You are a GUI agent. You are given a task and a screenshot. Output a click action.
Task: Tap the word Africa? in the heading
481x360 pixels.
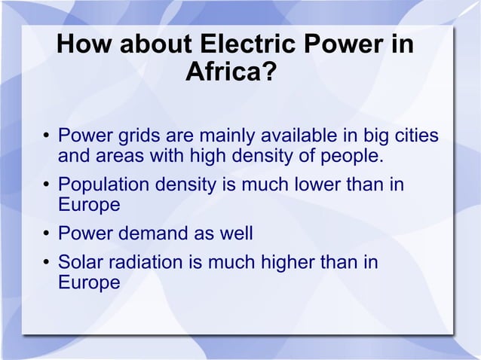[x=231, y=74]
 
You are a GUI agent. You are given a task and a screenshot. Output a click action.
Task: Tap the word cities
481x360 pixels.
[x=414, y=137]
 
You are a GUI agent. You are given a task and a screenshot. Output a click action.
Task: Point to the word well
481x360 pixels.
[x=237, y=233]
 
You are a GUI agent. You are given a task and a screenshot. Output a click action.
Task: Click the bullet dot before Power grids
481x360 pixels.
[x=46, y=138]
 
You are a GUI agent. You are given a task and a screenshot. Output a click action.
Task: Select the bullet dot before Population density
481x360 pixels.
[x=46, y=185]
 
